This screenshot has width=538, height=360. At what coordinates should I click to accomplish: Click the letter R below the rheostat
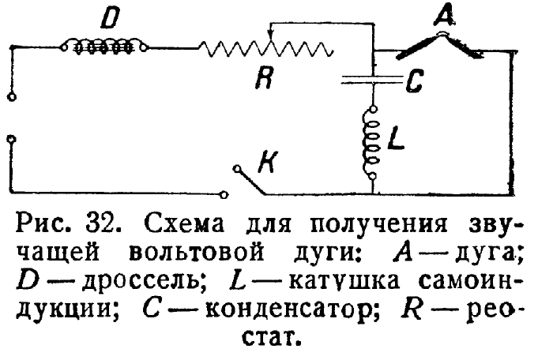[x=266, y=79]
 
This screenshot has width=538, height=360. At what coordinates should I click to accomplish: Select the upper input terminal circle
[x=10, y=98]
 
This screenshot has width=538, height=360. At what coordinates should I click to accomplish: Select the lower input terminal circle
[x=10, y=140]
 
